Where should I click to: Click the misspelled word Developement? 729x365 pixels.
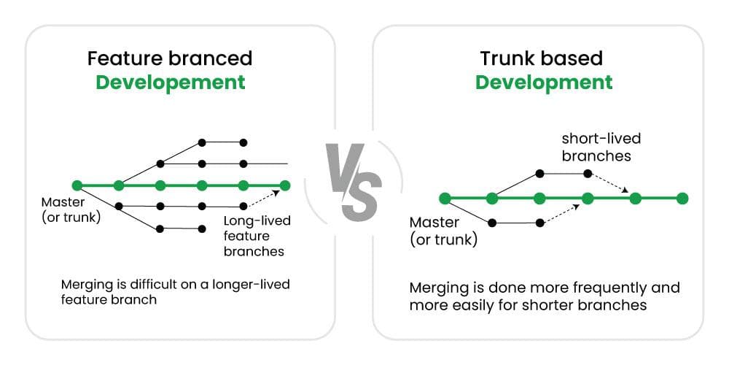tap(171, 82)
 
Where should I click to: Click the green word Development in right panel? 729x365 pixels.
tap(544, 82)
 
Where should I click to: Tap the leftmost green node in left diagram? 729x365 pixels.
tap(77, 185)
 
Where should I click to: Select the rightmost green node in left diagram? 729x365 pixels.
tap(285, 185)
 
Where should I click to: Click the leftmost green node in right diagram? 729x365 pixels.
tap(445, 198)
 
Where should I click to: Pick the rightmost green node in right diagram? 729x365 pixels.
tap(682, 198)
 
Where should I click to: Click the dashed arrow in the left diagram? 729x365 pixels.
tap(265, 199)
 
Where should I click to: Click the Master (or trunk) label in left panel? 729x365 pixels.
tap(71, 209)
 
